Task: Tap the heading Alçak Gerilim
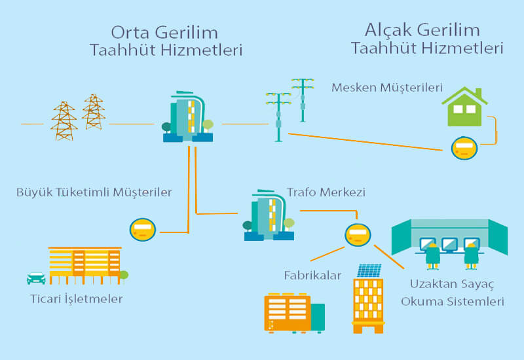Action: pos(422,29)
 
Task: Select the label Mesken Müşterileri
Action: pos(387,87)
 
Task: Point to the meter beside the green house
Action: pos(464,147)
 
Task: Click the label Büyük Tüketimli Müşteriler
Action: pos(94,192)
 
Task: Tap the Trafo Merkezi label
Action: pos(326,192)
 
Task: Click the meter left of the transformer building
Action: pos(143,230)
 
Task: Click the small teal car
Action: pos(36,278)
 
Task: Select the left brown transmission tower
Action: pos(64,121)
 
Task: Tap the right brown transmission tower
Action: pos(94,111)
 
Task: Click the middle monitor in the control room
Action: pos(450,244)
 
